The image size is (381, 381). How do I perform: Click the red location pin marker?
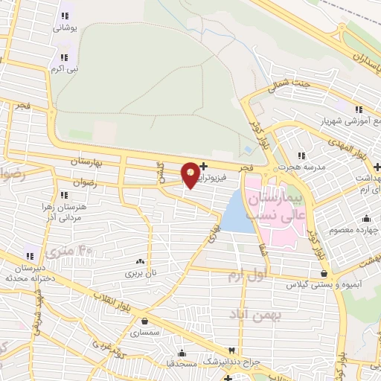pos(190,174)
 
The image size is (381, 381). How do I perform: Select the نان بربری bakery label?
pos(139,273)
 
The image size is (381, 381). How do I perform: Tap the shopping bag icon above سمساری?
pos(143,321)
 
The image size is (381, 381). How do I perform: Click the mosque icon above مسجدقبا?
pos(181,353)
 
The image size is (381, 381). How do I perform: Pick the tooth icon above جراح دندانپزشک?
pos(231,350)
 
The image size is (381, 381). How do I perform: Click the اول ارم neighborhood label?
pos(248,277)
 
